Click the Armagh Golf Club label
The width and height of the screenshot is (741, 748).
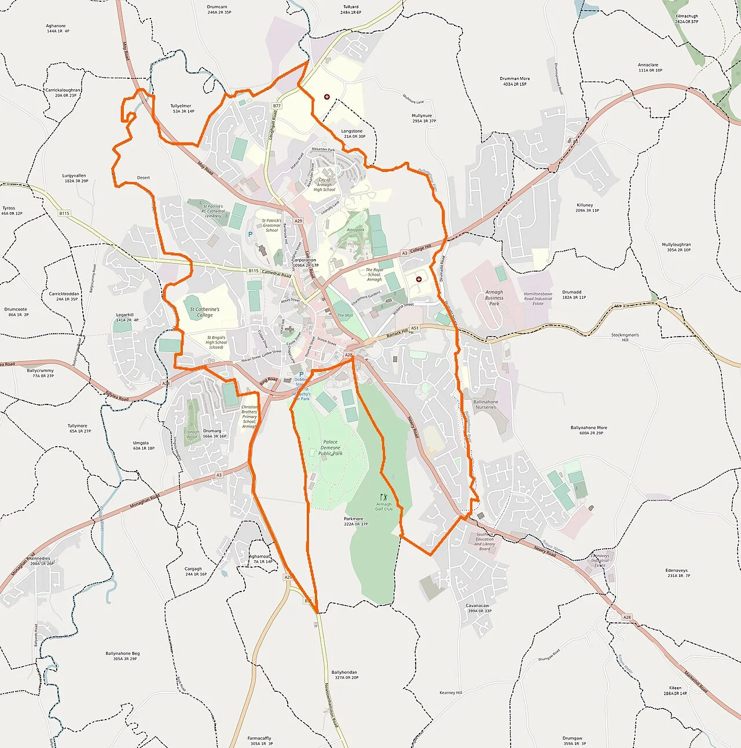[x=384, y=506]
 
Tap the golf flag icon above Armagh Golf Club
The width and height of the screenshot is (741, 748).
[x=382, y=497]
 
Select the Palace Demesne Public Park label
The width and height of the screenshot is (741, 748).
[x=330, y=447]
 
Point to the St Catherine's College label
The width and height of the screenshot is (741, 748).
[x=205, y=312]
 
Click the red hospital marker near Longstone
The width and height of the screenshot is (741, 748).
[x=327, y=97]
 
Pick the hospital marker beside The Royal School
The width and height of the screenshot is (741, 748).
[x=419, y=279]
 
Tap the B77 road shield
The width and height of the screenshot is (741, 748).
[x=277, y=106]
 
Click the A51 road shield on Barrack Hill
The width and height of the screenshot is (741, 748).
[x=414, y=328]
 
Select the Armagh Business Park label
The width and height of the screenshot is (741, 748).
[x=494, y=298]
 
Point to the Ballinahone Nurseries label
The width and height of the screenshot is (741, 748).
[x=486, y=404]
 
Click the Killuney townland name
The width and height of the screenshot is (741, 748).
[x=585, y=205]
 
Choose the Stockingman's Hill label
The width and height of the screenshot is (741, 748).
[x=625, y=337]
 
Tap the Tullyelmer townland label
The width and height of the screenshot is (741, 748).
[x=181, y=106]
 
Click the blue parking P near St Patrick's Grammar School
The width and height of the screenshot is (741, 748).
[x=250, y=234]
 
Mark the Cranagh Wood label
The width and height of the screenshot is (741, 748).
[x=192, y=434]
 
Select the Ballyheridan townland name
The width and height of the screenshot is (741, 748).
[x=344, y=673]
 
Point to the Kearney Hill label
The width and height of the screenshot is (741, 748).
[x=451, y=692]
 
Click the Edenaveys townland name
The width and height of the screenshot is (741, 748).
[x=676, y=571]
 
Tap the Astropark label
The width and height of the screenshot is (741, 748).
[x=355, y=230]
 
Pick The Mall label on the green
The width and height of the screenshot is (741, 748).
[x=345, y=316]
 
